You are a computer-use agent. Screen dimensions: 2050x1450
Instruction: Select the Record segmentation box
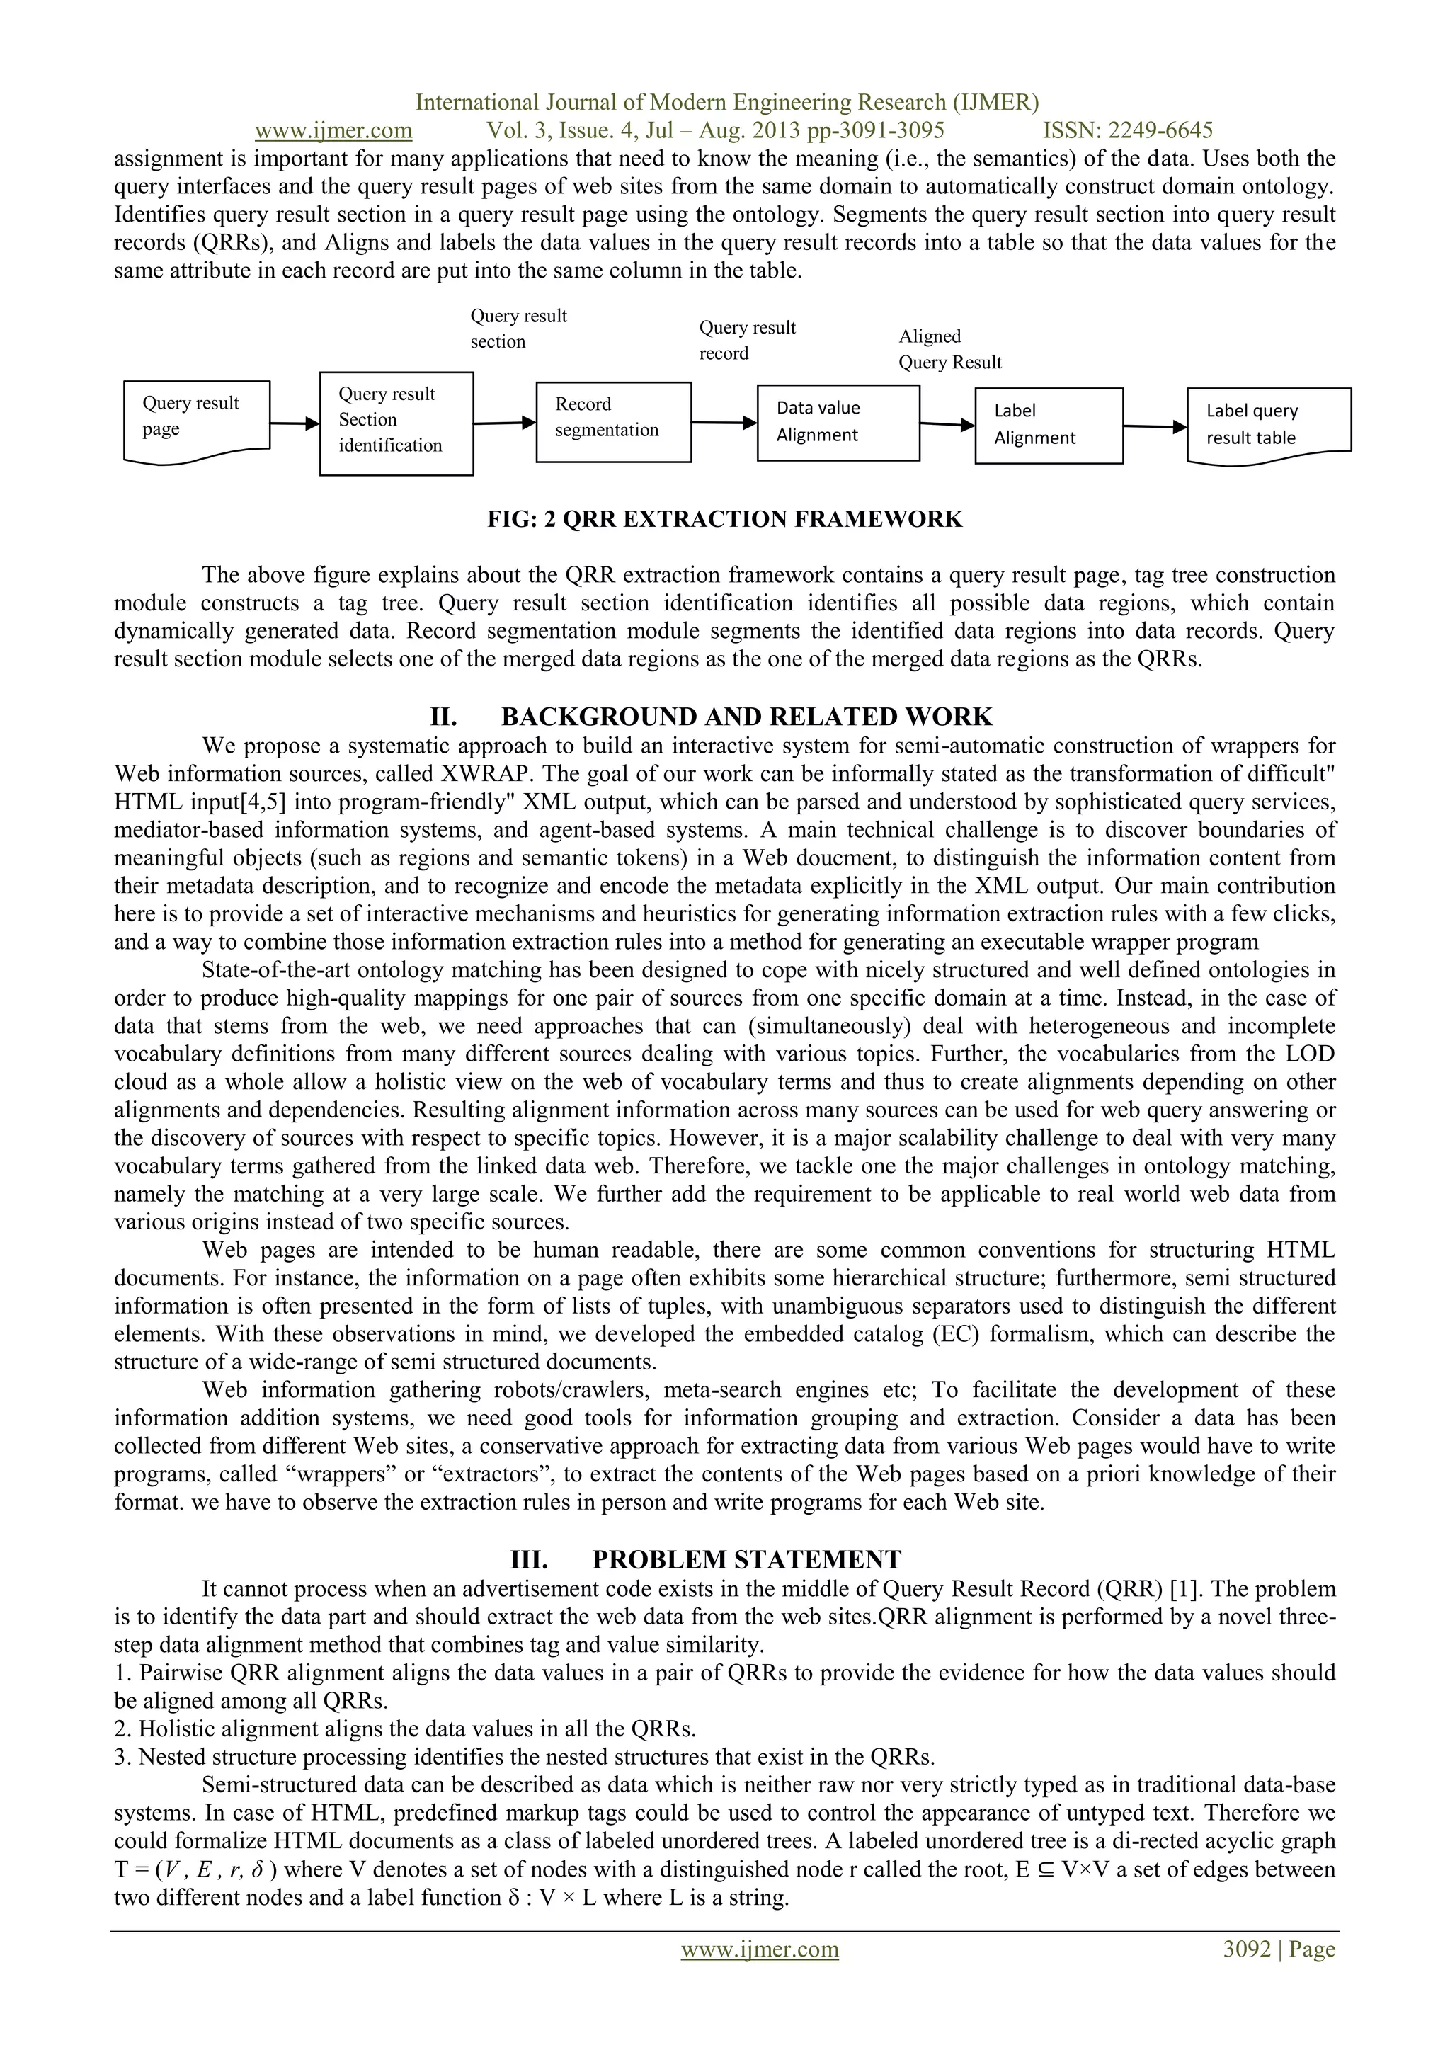tap(613, 421)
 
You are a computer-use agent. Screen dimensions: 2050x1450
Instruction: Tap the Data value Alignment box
tap(838, 422)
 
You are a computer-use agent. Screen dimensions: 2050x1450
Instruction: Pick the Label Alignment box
tap(1049, 425)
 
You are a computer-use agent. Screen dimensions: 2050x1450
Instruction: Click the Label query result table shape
tap(1268, 424)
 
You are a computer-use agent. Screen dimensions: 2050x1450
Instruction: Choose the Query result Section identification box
tap(396, 423)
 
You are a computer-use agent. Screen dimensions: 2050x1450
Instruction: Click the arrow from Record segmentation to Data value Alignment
tap(723, 423)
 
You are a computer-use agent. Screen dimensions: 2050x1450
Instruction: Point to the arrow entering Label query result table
tap(1155, 427)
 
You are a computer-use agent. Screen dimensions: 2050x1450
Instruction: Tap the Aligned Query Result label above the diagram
tap(949, 349)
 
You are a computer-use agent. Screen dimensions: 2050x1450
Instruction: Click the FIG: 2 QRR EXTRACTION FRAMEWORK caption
tap(724, 520)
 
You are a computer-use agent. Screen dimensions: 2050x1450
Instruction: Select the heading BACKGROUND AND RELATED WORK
tap(746, 717)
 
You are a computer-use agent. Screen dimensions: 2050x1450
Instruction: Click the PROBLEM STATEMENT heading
tap(746, 1560)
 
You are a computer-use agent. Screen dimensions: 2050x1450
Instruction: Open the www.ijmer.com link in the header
tap(333, 131)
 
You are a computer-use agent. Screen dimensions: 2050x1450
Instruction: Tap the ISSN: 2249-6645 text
tap(1128, 131)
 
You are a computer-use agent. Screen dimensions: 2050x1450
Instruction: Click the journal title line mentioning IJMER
tap(727, 103)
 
